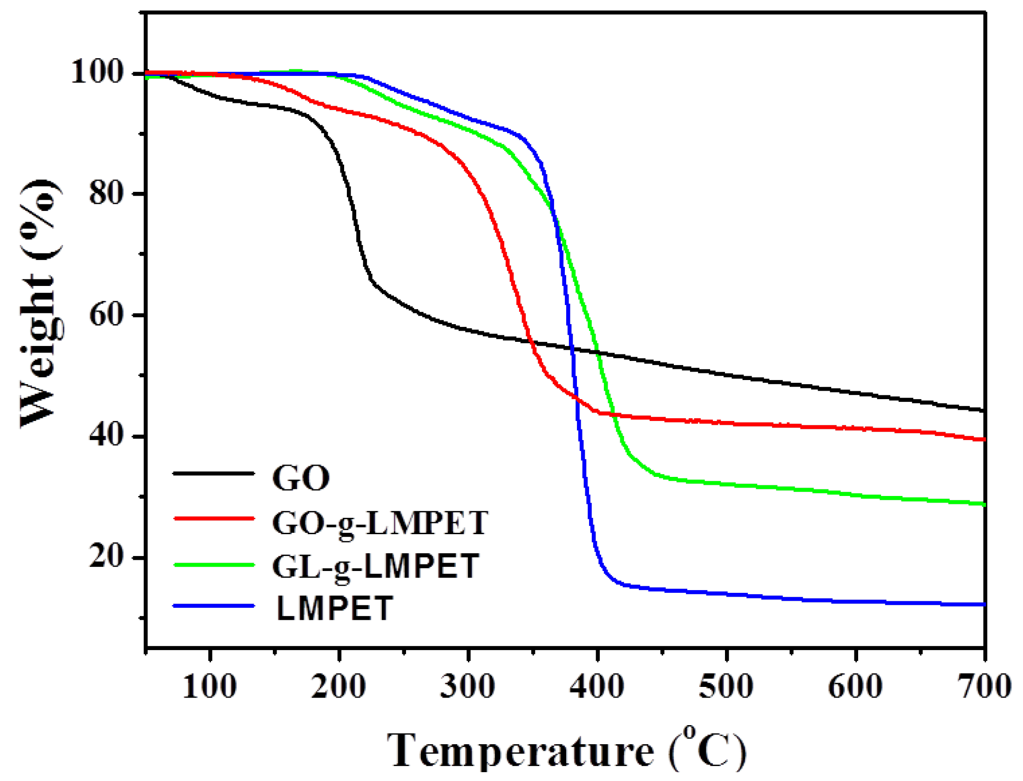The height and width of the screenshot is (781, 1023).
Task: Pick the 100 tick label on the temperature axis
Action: [210, 687]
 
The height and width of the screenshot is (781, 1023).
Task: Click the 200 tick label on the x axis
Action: [339, 687]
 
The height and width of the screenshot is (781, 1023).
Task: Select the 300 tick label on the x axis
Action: [467, 687]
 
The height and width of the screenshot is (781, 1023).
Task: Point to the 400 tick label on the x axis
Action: [597, 687]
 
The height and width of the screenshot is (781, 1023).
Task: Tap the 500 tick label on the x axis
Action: [726, 687]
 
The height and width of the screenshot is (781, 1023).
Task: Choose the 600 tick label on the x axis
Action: [855, 687]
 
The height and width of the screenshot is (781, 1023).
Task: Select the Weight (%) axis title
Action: [41, 303]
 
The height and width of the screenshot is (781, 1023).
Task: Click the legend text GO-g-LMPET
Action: [379, 523]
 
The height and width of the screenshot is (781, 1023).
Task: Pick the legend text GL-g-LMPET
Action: [375, 567]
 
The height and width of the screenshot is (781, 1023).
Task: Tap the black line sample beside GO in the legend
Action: [214, 474]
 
